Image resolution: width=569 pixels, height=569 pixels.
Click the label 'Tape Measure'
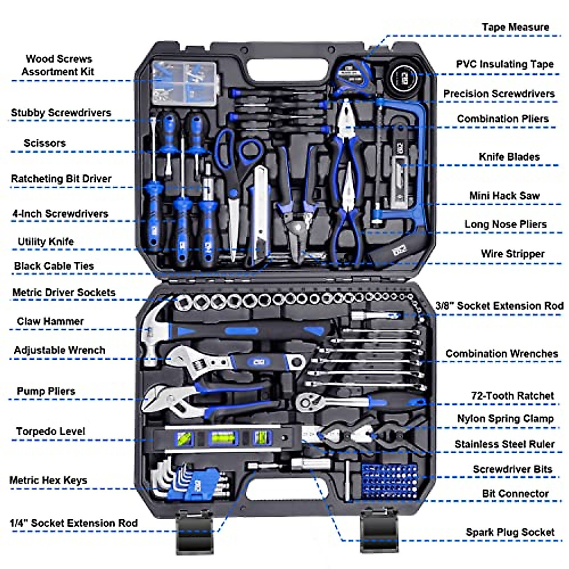click(x=515, y=28)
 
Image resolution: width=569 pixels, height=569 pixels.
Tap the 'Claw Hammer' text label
click(x=50, y=321)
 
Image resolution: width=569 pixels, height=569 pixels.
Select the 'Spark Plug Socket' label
click(x=510, y=532)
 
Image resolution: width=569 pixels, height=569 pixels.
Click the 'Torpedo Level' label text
click(x=50, y=431)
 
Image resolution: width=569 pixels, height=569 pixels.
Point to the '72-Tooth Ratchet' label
click(x=512, y=395)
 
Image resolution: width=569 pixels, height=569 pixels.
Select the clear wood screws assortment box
click(x=185, y=83)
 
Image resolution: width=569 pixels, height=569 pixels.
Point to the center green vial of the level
click(x=219, y=439)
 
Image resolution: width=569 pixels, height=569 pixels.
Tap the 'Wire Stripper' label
click(x=512, y=254)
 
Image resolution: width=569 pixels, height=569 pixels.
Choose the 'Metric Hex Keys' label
click(x=48, y=480)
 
